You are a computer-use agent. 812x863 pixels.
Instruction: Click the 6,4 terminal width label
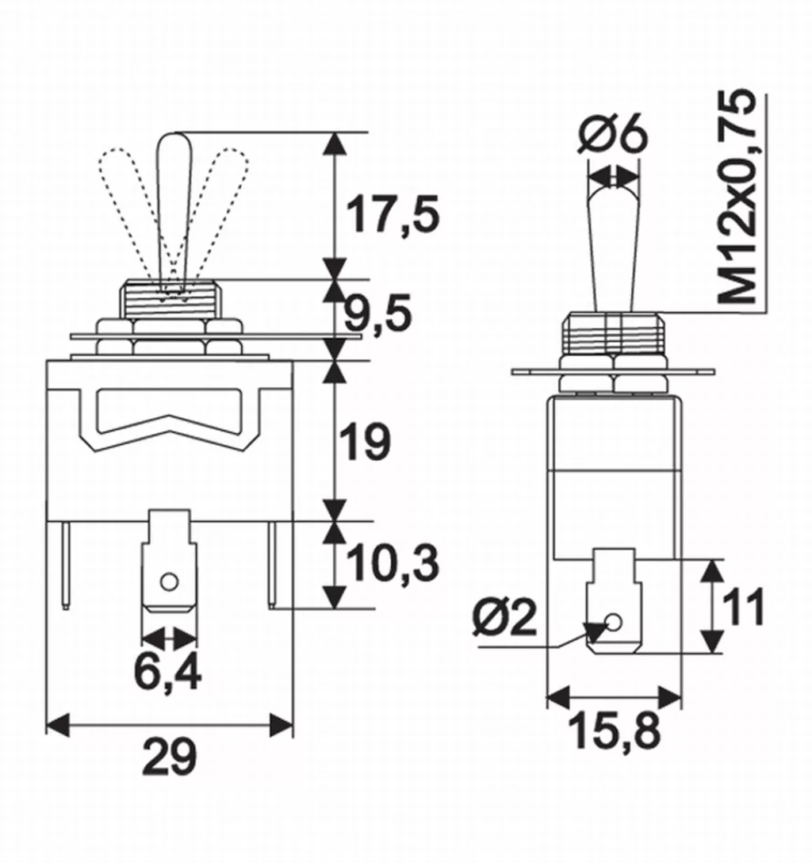click(x=167, y=673)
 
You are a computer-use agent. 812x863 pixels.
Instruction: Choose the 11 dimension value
click(x=743, y=608)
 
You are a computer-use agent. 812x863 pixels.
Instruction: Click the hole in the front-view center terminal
click(x=167, y=583)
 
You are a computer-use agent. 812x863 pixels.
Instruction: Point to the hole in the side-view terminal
click(x=611, y=623)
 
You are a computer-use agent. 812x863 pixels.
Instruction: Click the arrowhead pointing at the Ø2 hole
click(x=591, y=632)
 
